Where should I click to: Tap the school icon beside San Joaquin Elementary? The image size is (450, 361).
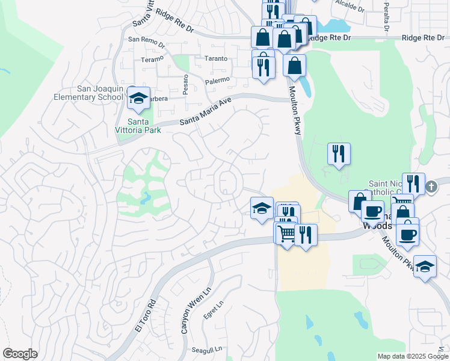[139, 99]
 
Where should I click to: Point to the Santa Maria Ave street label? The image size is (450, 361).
[205, 112]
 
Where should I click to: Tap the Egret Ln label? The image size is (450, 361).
[217, 312]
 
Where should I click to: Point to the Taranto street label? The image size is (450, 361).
[215, 58]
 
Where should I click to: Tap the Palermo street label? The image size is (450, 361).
[217, 80]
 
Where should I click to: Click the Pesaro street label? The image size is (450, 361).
[186, 80]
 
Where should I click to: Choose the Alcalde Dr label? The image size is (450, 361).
[351, 9]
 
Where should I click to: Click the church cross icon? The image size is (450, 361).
[431, 187]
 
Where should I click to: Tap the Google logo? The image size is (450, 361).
[20, 354]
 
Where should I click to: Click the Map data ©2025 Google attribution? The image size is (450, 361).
[413, 356]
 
